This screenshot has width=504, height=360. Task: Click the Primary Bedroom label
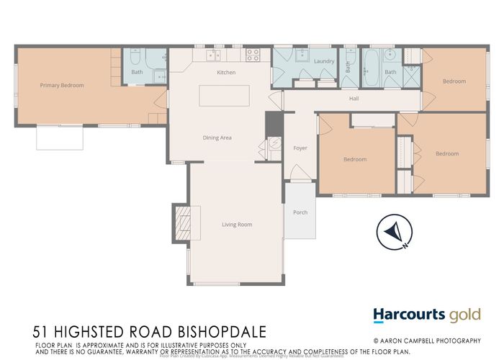(x=62, y=86)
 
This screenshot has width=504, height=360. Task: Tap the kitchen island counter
(x=224, y=96)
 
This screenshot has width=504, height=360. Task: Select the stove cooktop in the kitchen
(x=253, y=53)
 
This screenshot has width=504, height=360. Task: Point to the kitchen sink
(x=213, y=55)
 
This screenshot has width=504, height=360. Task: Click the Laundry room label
(x=324, y=61)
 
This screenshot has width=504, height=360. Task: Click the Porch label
(x=300, y=212)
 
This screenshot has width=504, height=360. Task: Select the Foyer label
(x=300, y=148)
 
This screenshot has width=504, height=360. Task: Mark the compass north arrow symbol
(x=395, y=233)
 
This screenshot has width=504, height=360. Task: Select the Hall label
(x=354, y=99)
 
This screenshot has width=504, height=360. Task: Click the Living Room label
(x=237, y=225)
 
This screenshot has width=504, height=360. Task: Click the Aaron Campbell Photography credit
(x=436, y=340)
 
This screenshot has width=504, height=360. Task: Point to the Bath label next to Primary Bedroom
(x=137, y=72)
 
